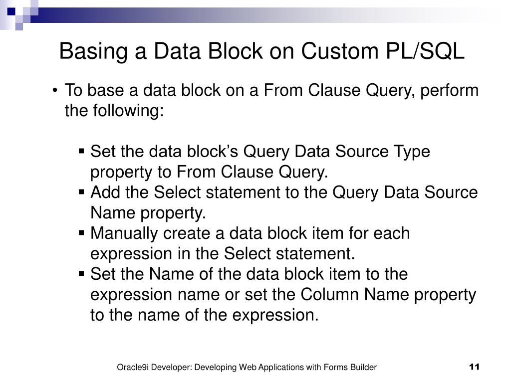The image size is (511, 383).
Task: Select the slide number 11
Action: tap(474, 368)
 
